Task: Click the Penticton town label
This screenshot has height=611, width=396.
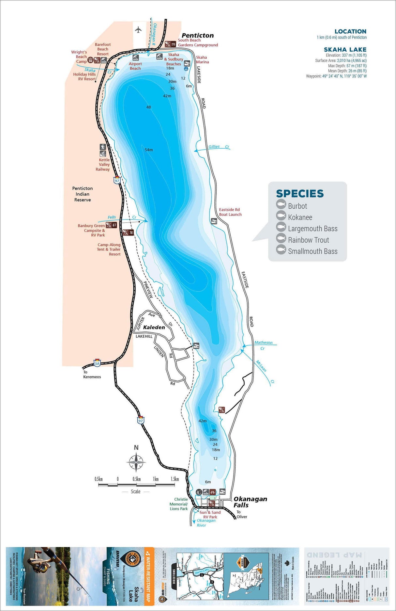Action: pyautogui.click(x=198, y=35)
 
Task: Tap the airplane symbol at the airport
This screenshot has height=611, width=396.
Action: pyautogui.click(x=139, y=30)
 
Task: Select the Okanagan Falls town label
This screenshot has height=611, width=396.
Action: pyautogui.click(x=250, y=502)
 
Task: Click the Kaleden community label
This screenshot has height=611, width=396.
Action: pyautogui.click(x=154, y=327)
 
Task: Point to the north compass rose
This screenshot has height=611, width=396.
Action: pyautogui.click(x=136, y=462)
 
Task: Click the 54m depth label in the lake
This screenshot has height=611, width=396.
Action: pyautogui.click(x=149, y=150)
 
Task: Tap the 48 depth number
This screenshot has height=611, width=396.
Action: pyautogui.click(x=149, y=107)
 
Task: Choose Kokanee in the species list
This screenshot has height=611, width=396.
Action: pyautogui.click(x=300, y=217)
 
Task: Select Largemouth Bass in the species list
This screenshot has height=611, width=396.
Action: pyautogui.click(x=312, y=229)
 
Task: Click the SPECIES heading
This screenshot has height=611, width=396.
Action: pyautogui.click(x=300, y=194)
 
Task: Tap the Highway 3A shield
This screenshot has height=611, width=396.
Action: pyautogui.click(x=97, y=363)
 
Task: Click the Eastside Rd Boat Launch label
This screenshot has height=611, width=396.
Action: pyautogui.click(x=230, y=212)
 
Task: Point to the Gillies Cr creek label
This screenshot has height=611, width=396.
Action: pyautogui.click(x=219, y=147)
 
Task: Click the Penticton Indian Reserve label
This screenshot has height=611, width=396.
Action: pyautogui.click(x=83, y=194)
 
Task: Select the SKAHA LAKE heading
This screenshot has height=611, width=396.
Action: pyautogui.click(x=345, y=50)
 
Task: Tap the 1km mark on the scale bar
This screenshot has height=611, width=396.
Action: pyautogui.click(x=156, y=479)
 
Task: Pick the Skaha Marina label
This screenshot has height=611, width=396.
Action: pyautogui.click(x=202, y=59)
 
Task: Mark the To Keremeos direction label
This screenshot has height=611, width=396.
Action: pyautogui.click(x=92, y=375)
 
